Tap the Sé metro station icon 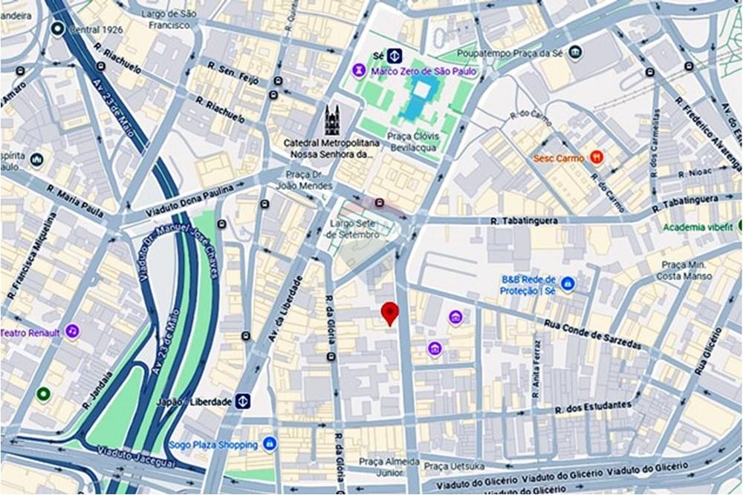tap(394, 56)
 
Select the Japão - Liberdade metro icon tap(243, 401)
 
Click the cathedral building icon tap(331, 121)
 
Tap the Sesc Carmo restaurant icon tap(596, 157)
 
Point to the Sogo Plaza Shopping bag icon tap(270, 444)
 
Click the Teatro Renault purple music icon tap(72, 331)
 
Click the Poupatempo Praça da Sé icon tap(574, 53)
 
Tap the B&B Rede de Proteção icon tap(568, 284)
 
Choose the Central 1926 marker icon tap(57, 29)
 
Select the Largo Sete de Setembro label tap(354, 229)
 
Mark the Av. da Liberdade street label tap(286, 309)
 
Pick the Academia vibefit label tap(698, 227)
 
